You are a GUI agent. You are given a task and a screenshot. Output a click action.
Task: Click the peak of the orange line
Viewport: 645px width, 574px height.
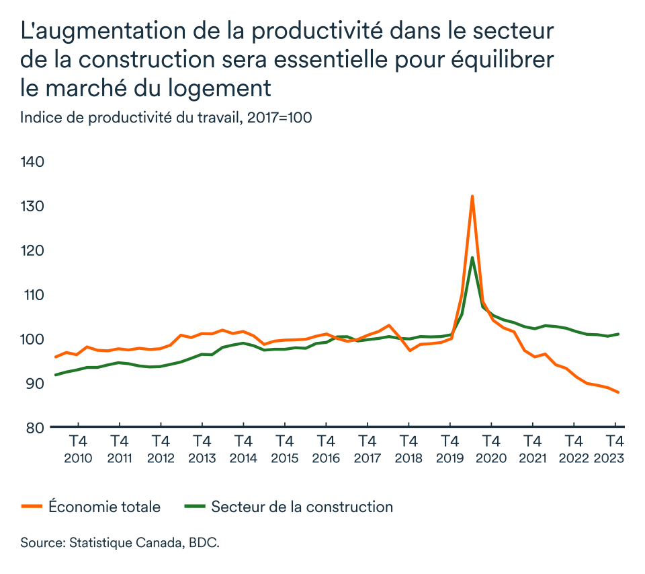coord(472,196)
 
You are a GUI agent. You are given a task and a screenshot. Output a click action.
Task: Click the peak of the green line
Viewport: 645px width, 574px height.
coord(472,258)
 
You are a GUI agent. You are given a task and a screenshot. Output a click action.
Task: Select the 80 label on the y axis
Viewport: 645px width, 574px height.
coord(35,428)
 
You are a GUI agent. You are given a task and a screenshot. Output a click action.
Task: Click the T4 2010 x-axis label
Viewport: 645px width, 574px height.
coord(78,449)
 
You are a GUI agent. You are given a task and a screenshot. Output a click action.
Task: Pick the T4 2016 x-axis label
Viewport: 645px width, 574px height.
coord(325,449)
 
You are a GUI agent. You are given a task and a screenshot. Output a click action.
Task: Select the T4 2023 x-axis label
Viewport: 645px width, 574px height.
coord(613,449)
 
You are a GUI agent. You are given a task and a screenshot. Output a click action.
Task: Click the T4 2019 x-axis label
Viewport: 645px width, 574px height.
coord(449,449)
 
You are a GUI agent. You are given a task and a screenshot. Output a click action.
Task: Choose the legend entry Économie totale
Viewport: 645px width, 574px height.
coord(104,507)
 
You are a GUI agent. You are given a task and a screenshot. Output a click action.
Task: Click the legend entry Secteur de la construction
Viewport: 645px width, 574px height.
coord(302,507)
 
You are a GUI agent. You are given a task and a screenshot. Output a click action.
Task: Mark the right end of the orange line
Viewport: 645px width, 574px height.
coord(618,392)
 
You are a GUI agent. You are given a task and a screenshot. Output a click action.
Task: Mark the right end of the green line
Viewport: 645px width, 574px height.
coord(618,334)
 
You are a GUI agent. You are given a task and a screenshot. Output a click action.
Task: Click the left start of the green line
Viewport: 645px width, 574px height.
coord(55,375)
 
